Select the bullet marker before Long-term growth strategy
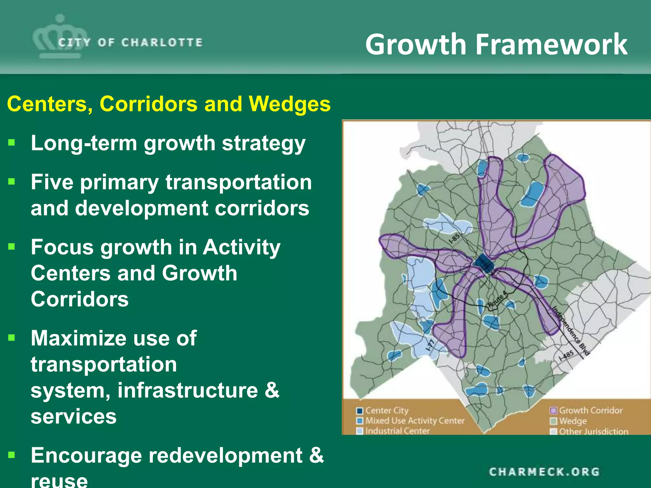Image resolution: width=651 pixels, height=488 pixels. [x=12, y=142]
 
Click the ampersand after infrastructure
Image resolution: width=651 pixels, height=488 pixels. [x=272, y=390]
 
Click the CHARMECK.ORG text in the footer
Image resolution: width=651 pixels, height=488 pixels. [x=544, y=472]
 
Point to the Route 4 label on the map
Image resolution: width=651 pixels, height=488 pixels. [x=497, y=300]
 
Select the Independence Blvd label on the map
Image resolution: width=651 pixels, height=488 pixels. [x=570, y=331]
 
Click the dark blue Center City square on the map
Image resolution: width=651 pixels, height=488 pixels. [x=483, y=263]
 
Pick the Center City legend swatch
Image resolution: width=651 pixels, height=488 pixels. [x=360, y=411]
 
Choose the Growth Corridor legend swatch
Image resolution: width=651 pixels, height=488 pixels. [x=553, y=411]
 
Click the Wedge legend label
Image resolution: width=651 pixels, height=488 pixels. [x=573, y=421]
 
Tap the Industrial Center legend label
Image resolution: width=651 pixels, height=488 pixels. [x=397, y=431]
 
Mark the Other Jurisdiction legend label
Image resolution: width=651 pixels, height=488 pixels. [x=593, y=432]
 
